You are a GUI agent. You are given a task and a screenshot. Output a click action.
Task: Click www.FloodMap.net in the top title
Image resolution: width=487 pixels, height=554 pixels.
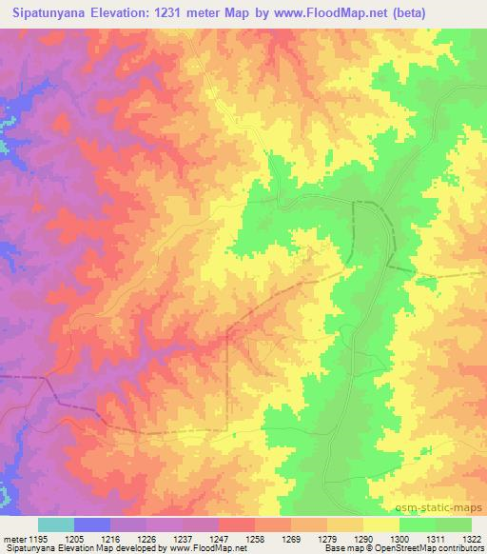pyautogui.click(x=314, y=11)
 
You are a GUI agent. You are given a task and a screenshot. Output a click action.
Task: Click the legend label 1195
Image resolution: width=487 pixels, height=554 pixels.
pyautogui.click(x=38, y=538)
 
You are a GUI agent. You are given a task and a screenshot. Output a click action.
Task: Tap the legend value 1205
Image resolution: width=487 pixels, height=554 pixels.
pyautogui.click(x=74, y=538)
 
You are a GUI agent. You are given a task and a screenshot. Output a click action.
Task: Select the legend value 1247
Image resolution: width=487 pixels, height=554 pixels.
pyautogui.click(x=218, y=538)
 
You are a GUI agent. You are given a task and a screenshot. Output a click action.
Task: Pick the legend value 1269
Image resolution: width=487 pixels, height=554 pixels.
pyautogui.click(x=290, y=538)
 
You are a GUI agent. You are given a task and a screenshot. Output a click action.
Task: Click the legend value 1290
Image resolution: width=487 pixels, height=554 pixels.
pyautogui.click(x=362, y=538)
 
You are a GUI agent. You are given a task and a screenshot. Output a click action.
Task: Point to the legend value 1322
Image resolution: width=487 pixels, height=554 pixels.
pyautogui.click(x=470, y=538)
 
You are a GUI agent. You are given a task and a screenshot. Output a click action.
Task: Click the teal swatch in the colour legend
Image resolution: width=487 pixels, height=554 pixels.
pyautogui.click(x=56, y=524)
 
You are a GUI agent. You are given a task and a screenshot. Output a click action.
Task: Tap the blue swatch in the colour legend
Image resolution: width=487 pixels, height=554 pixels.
pyautogui.click(x=92, y=524)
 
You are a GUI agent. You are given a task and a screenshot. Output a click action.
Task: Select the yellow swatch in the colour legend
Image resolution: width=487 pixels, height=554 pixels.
pyautogui.click(x=380, y=524)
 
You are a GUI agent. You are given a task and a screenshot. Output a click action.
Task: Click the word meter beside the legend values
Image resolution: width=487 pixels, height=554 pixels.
pyautogui.click(x=13, y=538)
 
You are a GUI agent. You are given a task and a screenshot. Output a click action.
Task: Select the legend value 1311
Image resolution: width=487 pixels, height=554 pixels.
pyautogui.click(x=435, y=538)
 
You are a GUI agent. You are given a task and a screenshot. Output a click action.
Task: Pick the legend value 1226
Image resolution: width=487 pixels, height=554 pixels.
pyautogui.click(x=146, y=538)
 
